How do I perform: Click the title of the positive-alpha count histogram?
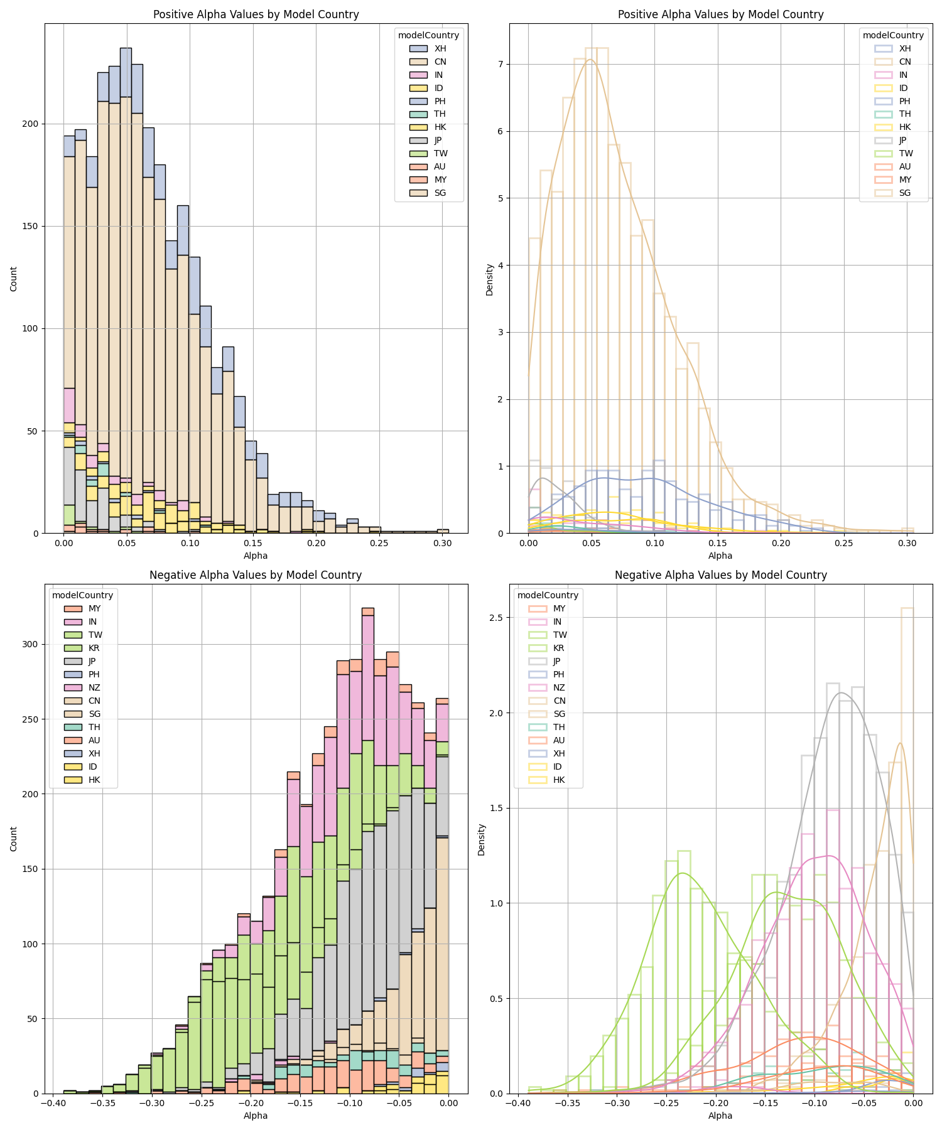pos(256,14)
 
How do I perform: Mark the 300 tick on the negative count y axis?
pos(30,644)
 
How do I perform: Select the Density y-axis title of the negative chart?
pos(482,839)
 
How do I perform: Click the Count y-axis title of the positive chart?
pos(14,278)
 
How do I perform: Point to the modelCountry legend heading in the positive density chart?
pos(893,35)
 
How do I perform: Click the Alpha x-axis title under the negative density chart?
pos(720,1116)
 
